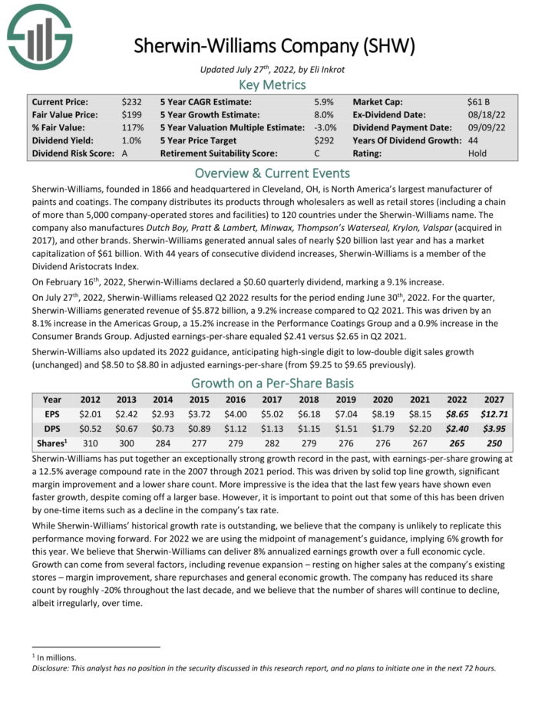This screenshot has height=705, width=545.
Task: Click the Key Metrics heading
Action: point(272,84)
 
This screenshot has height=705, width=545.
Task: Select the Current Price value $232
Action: point(131,101)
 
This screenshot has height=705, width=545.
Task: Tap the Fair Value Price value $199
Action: point(131,114)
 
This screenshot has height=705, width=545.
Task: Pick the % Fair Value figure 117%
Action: point(132,127)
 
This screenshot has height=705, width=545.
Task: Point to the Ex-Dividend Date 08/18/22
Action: point(484,114)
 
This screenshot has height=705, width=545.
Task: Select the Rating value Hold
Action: point(477,153)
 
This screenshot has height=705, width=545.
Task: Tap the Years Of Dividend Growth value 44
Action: point(473,140)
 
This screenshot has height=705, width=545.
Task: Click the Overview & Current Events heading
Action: point(272,173)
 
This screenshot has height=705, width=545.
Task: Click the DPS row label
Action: point(51,428)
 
